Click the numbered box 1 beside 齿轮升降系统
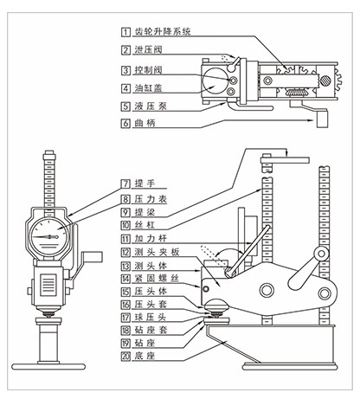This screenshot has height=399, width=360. click(125, 31)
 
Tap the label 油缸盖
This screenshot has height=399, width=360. click(148, 88)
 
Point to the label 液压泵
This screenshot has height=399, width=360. click(151, 106)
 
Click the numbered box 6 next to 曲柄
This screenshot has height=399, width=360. click(125, 123)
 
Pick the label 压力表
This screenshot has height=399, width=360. click(151, 199)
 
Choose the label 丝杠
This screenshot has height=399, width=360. click(145, 225)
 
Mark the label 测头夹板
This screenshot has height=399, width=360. click(157, 252)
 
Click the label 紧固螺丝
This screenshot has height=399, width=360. click(157, 279)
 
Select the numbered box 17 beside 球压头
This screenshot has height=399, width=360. click(125, 318)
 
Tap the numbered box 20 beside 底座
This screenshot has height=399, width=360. click(125, 356)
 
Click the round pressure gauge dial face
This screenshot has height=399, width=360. click(49, 237)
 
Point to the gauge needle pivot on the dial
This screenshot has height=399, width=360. click(56, 237)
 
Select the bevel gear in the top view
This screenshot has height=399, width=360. click(294, 93)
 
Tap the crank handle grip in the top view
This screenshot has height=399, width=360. click(322, 119)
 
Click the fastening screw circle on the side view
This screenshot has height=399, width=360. click(206, 288)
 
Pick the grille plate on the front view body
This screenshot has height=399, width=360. click(48, 285)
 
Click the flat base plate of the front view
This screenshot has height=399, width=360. click(48, 367)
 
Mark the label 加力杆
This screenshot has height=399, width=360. click(151, 239)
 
